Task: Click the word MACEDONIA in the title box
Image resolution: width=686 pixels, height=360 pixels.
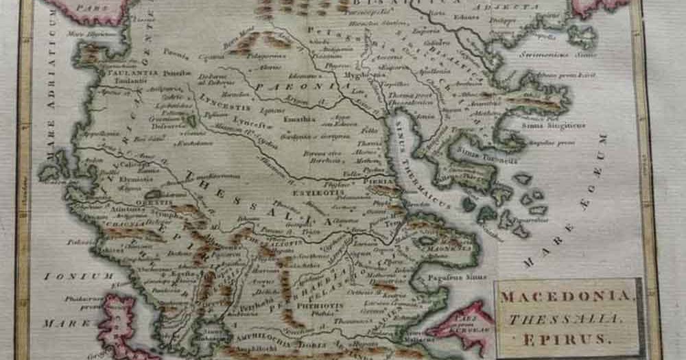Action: (566, 297)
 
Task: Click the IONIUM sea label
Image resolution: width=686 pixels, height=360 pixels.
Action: (69, 276)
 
